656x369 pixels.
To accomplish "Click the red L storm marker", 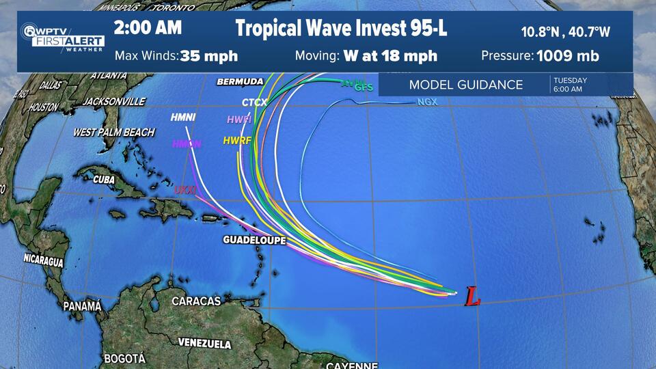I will click(x=472, y=296).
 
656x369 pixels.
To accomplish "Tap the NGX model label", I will click(x=426, y=102).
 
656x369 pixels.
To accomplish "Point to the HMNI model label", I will click(x=183, y=118).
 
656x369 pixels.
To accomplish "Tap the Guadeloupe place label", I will click(x=254, y=241).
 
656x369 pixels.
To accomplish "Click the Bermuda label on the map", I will click(x=240, y=82).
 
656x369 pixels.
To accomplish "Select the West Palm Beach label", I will click(x=113, y=133).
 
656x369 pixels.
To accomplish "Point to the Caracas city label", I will click(x=196, y=301).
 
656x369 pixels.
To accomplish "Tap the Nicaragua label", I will click(x=43, y=260).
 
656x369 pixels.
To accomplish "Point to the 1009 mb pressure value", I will click(x=568, y=56).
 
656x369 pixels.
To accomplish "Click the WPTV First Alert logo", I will click(x=62, y=37).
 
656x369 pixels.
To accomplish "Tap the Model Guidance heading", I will click(x=465, y=85).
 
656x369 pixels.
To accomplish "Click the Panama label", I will click(x=82, y=306).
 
